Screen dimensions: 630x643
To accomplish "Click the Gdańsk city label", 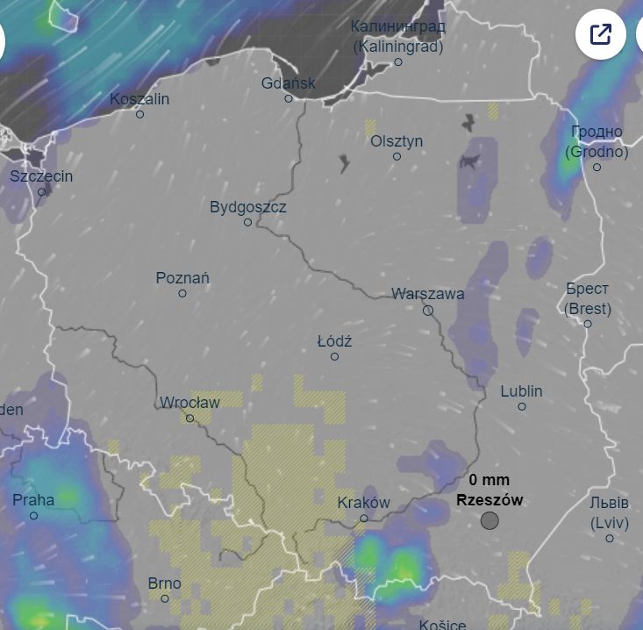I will [x=289, y=83].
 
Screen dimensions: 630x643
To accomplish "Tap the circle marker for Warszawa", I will [x=428, y=310].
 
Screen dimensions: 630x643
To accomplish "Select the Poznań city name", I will [x=182, y=278].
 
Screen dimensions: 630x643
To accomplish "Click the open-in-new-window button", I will [x=601, y=34].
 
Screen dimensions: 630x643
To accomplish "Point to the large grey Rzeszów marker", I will [x=489, y=520].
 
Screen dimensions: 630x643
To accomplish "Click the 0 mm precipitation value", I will [x=489, y=480].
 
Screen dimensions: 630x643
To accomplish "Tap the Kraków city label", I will [x=363, y=503].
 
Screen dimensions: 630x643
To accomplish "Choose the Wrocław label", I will [x=189, y=403].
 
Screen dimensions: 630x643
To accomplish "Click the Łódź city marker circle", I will [x=334, y=356].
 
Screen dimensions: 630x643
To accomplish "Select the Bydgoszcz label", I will [x=248, y=207].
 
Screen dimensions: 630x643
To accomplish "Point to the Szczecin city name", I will [x=41, y=176].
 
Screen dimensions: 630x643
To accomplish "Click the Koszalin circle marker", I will [x=139, y=114].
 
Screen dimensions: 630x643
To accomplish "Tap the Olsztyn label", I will [x=397, y=141].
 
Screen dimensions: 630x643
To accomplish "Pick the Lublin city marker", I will [x=522, y=406].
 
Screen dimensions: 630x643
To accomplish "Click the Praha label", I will [x=33, y=500].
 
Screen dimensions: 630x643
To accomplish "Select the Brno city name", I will [x=164, y=583].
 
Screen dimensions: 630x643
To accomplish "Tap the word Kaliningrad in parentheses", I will [x=398, y=47].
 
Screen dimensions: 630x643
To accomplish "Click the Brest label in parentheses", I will [x=588, y=309].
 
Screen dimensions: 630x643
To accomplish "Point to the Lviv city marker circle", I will [x=610, y=538].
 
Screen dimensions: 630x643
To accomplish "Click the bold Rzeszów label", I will [x=489, y=500].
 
